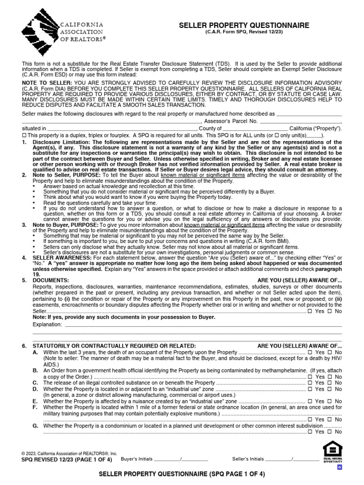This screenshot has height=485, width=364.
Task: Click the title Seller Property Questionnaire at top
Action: click(244, 25)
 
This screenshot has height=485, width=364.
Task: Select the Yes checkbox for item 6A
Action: click(309, 353)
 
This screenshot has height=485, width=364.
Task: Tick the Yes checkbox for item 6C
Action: click(309, 383)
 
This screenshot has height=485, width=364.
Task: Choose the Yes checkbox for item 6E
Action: click(309, 401)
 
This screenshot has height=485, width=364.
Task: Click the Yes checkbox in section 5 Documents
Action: click(309, 311)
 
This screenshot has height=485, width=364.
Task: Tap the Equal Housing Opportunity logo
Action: click(332, 452)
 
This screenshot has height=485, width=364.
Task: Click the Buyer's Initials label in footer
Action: click(136, 459)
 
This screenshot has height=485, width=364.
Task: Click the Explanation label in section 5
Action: click(47, 324)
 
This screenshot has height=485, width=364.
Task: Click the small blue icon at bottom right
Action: click(339, 467)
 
